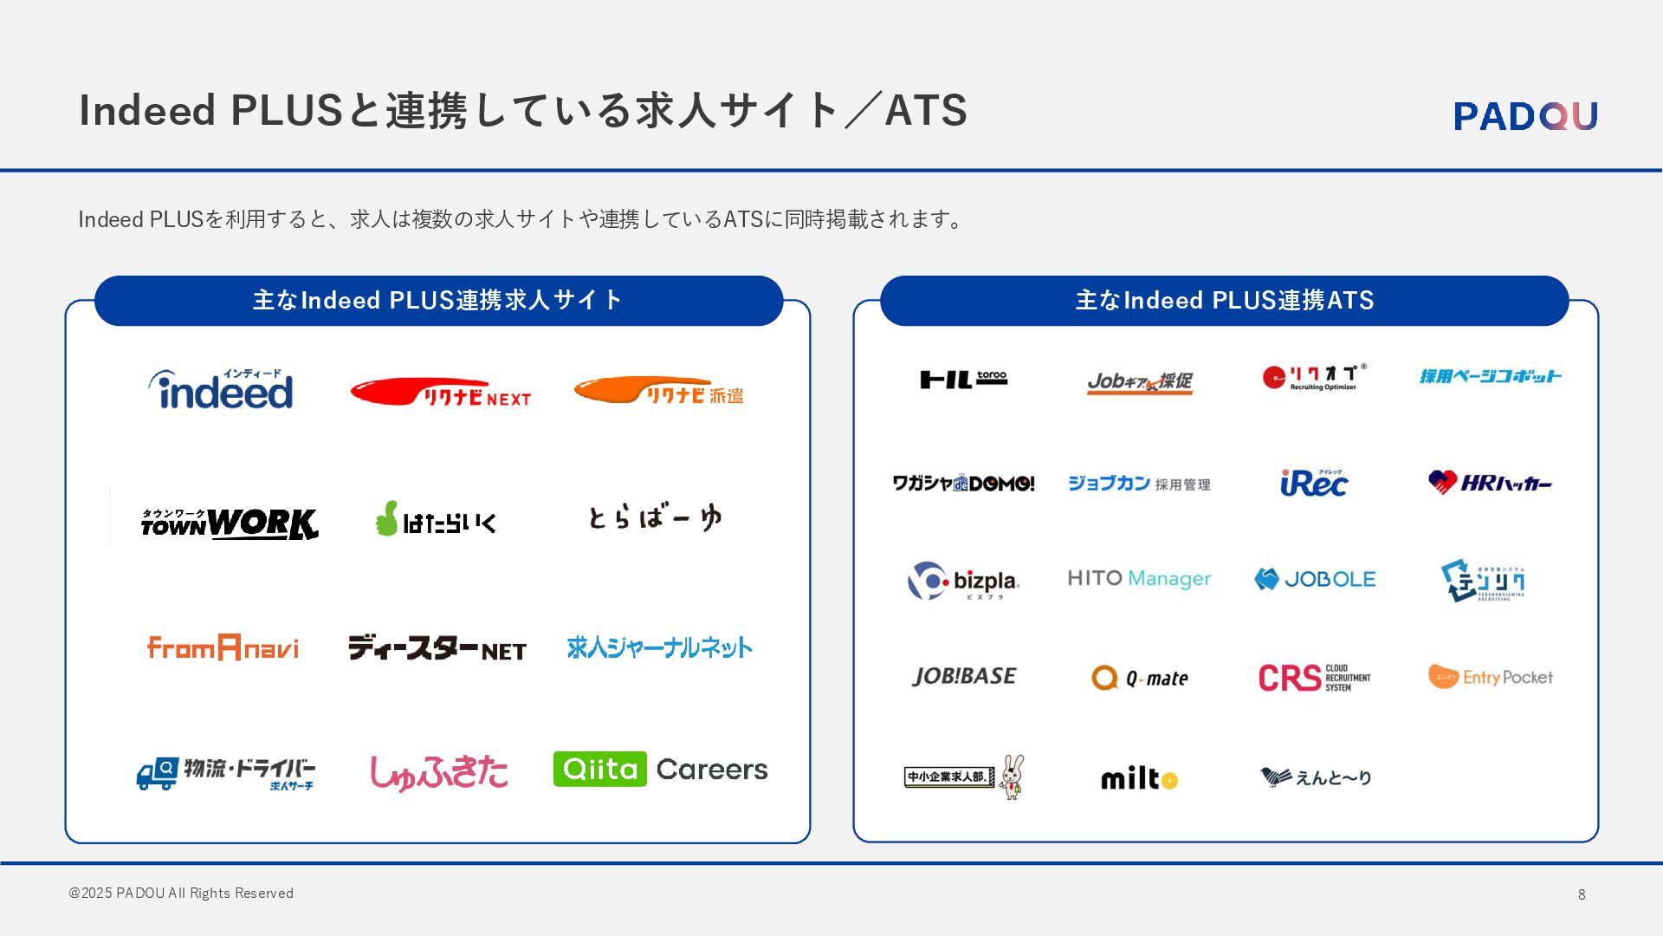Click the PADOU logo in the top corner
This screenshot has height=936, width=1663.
tap(1525, 116)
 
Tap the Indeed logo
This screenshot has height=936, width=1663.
tap(222, 390)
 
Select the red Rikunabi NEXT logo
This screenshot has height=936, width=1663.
tap(440, 392)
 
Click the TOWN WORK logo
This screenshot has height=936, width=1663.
tap(230, 523)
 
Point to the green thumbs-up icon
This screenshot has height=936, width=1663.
tap(386, 518)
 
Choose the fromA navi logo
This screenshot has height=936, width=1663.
tap(223, 647)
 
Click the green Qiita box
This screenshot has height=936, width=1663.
tap(599, 769)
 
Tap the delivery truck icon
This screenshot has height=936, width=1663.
tap(157, 773)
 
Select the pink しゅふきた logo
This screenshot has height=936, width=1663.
tap(438, 772)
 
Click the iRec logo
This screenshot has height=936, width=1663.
tap(1313, 483)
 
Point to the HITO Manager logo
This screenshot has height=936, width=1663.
tap(1139, 578)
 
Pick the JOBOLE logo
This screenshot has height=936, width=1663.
tap(1315, 579)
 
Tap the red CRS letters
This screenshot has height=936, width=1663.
tap(1289, 678)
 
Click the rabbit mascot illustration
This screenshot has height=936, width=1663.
tap(1012, 777)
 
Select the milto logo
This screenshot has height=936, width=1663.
tap(1139, 778)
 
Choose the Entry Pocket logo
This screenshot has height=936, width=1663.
tap(1490, 677)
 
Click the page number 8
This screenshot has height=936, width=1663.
tap(1582, 894)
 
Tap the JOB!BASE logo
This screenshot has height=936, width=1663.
tap(964, 676)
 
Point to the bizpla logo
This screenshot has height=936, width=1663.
tap(963, 581)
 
